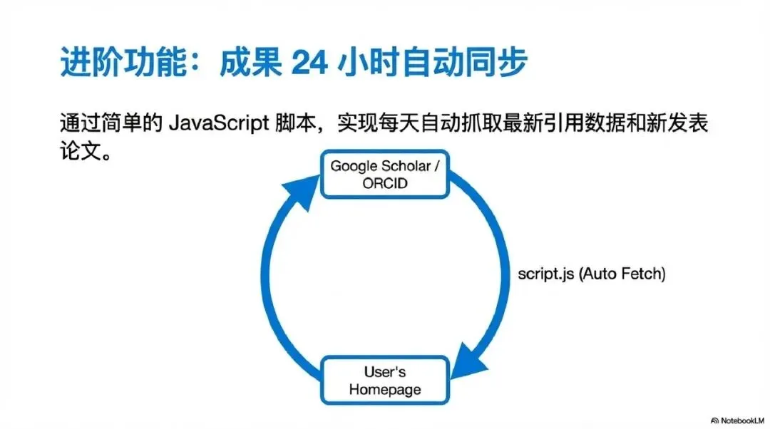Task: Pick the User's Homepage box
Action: click(x=384, y=380)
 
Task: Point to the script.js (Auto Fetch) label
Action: click(x=592, y=274)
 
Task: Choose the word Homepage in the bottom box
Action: click(x=385, y=389)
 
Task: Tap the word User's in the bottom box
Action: click(x=385, y=371)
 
